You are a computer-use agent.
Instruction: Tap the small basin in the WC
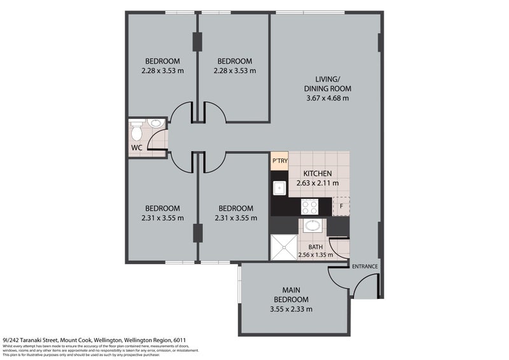click(x=155, y=123)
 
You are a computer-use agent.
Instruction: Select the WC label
click(x=136, y=149)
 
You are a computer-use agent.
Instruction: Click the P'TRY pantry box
click(x=279, y=161)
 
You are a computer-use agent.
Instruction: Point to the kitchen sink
click(x=279, y=187)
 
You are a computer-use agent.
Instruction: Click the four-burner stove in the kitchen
click(x=310, y=206)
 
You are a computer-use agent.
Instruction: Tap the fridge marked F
click(x=340, y=206)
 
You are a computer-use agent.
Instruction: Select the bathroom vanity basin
click(x=312, y=225)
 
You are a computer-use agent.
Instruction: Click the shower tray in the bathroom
click(x=283, y=247)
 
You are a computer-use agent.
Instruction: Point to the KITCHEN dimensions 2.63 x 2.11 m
click(x=317, y=183)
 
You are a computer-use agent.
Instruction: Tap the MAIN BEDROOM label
click(x=291, y=294)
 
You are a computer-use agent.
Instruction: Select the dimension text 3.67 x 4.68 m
click(x=327, y=98)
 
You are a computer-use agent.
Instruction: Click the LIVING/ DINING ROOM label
click(x=327, y=84)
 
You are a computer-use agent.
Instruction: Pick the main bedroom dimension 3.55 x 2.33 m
click(x=291, y=309)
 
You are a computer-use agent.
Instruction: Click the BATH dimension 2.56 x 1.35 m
click(x=315, y=256)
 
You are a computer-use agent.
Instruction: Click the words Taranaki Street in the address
click(x=39, y=340)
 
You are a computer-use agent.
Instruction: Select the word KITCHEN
click(x=317, y=174)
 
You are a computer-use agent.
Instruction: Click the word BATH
click(x=315, y=247)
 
